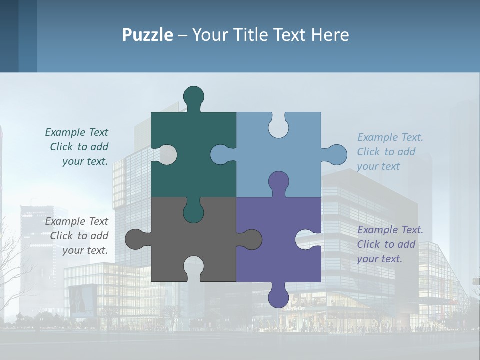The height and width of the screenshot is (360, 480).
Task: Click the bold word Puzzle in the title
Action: pos(147,35)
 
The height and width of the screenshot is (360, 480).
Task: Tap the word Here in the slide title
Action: pos(330,35)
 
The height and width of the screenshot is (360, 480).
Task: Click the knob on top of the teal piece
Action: pos(193,96)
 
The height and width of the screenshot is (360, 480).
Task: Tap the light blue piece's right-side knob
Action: pos(336,155)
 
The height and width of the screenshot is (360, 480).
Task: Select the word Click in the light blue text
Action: pos(368,152)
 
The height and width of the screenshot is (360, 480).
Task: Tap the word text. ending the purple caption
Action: pos(391,259)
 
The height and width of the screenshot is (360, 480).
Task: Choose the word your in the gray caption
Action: pos(72,250)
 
